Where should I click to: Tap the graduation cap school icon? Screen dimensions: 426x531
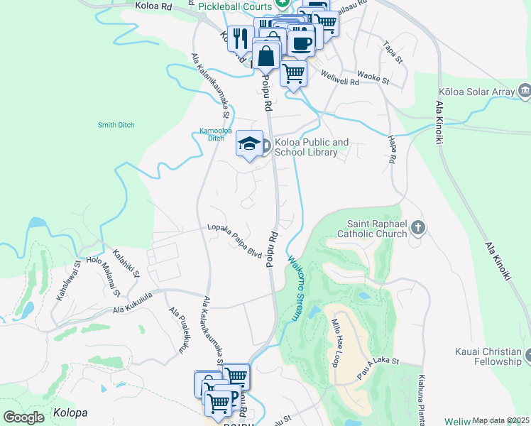(249, 144)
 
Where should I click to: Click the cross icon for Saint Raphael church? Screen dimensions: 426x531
(418, 228)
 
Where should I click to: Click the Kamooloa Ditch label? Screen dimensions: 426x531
(210, 134)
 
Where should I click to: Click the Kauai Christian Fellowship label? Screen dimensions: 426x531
(489, 356)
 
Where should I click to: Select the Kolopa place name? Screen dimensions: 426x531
(70, 413)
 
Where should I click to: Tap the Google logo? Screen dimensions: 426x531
(23, 417)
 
